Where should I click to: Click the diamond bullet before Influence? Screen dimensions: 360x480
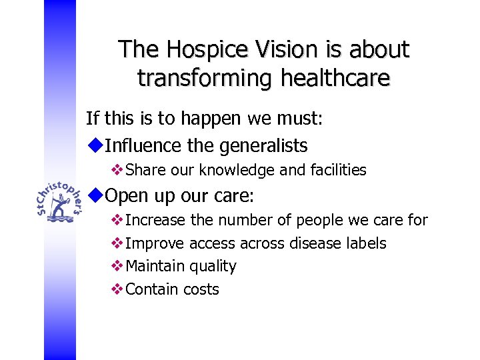95,144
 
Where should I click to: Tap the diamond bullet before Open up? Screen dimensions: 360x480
95,195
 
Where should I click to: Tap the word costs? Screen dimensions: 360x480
200,289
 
